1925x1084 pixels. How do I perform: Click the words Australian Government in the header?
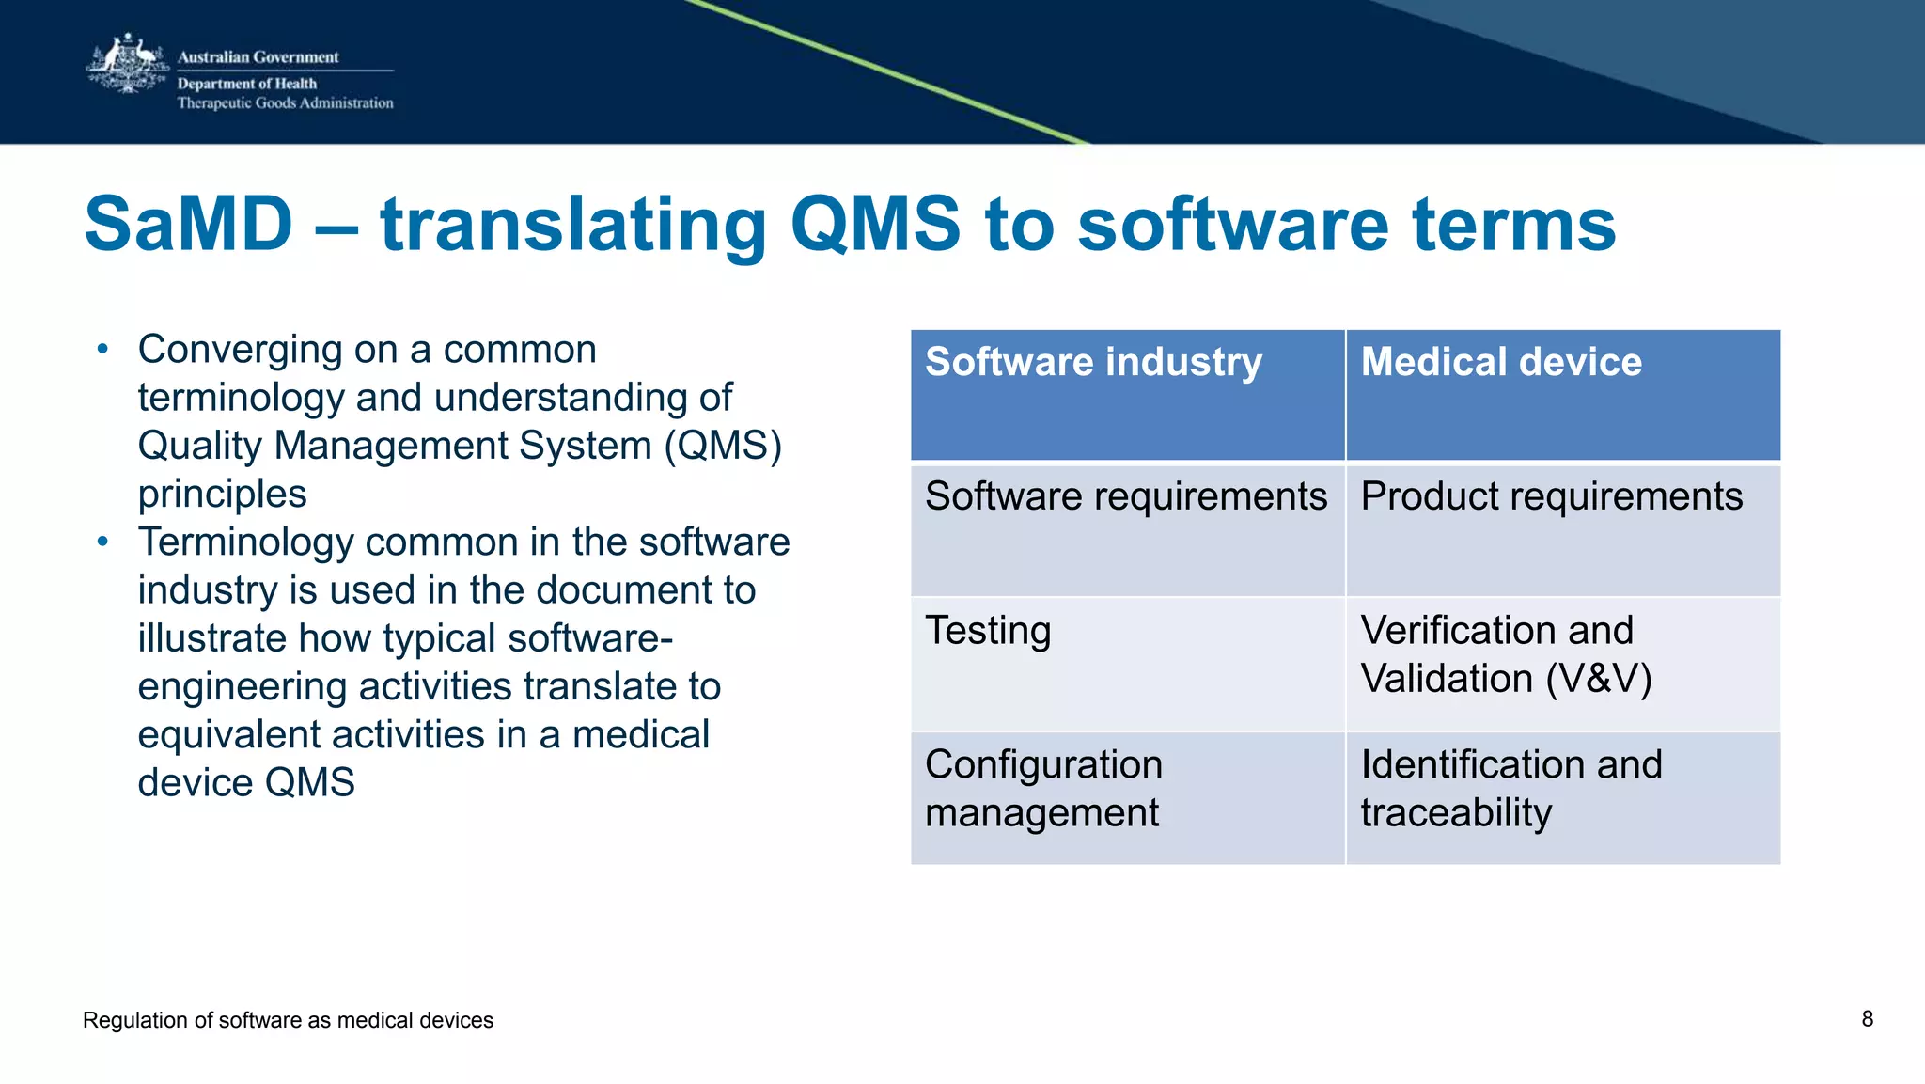[258, 57]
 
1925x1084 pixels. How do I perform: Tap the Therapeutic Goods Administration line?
[285, 103]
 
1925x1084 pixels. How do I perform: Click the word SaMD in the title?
[188, 225]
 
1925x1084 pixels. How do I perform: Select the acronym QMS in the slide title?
[875, 225]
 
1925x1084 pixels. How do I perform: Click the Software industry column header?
[1093, 363]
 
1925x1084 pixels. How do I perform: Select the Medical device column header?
[1501, 363]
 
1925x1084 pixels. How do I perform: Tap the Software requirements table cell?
[1126, 496]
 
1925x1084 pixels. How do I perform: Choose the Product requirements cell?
[1551, 496]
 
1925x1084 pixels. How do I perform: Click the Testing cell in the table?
[988, 631]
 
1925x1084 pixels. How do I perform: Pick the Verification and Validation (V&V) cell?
[1505, 654]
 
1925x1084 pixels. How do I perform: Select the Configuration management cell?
[1043, 789]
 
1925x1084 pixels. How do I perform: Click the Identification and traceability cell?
[1510, 789]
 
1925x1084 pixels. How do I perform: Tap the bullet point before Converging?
[103, 350]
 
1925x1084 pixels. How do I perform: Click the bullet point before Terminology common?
[103, 542]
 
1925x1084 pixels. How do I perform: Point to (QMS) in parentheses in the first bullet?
[723, 446]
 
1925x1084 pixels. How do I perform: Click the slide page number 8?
[1867, 1019]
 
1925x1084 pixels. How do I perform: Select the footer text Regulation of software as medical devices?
[288, 1020]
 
